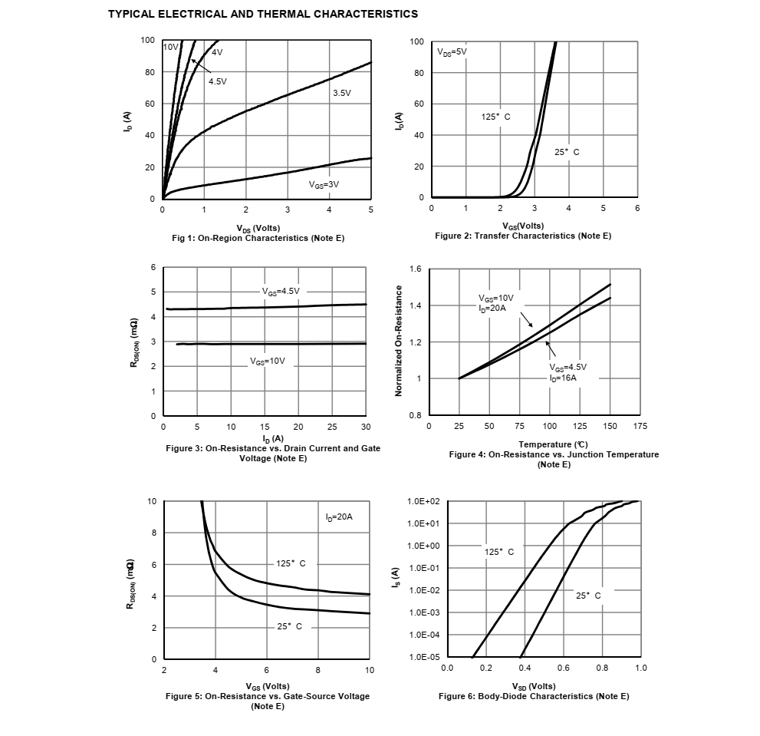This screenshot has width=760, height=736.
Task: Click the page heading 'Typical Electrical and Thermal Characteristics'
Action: pyautogui.click(x=263, y=14)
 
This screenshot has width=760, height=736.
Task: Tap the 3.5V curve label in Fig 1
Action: pyautogui.click(x=341, y=93)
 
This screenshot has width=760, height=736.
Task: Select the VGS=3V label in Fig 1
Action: pyautogui.click(x=324, y=184)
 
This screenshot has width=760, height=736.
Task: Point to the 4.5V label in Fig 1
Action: pyautogui.click(x=218, y=81)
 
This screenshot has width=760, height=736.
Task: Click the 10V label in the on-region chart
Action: pyautogui.click(x=170, y=47)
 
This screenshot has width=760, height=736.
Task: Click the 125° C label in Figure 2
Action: pyautogui.click(x=495, y=117)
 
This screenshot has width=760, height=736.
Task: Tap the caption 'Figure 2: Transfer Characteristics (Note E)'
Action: pyautogui.click(x=523, y=236)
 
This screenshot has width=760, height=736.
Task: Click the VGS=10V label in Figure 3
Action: pyautogui.click(x=268, y=361)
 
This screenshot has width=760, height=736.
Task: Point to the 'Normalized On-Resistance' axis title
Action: pyautogui.click(x=399, y=341)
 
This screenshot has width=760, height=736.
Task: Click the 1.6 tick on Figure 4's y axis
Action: pyautogui.click(x=416, y=269)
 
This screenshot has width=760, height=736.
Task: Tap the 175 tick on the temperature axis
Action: pyautogui.click(x=640, y=426)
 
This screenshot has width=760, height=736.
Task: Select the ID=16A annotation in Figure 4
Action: pyautogui.click(x=562, y=378)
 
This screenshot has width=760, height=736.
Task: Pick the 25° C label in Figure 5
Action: pyautogui.click(x=289, y=626)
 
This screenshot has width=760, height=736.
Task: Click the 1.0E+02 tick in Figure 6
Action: pyautogui.click(x=423, y=501)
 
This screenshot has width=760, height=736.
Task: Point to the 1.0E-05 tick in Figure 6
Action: pyautogui.click(x=423, y=658)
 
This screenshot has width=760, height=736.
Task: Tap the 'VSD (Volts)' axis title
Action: pyautogui.click(x=534, y=686)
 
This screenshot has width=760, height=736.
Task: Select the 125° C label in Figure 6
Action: pyautogui.click(x=499, y=552)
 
